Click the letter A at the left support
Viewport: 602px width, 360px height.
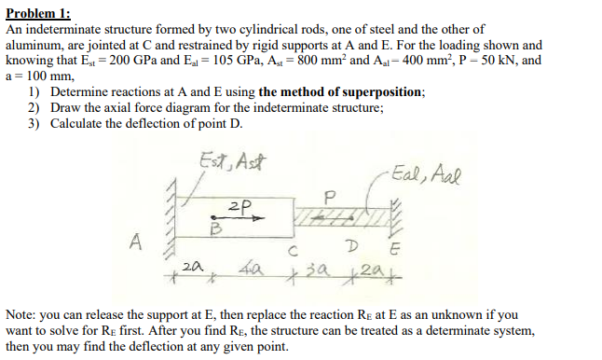[137, 245]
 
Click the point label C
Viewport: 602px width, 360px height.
[293, 250]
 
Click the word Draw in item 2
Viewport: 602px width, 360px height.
[66, 108]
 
